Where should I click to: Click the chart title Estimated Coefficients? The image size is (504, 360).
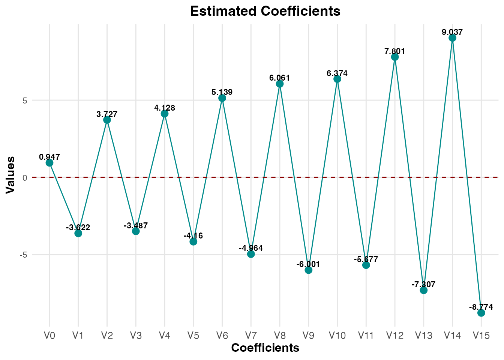click(265, 11)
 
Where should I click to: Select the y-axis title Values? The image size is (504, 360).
click(11, 175)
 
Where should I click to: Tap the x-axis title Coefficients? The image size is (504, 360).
click(265, 348)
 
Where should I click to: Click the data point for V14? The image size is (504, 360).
click(452, 38)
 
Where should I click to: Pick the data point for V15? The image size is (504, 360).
click(481, 313)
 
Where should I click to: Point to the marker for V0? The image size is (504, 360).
click(49, 163)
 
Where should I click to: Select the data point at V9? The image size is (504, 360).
click(309, 270)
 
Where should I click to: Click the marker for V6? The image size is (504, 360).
click(222, 98)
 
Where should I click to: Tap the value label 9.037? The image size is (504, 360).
click(452, 32)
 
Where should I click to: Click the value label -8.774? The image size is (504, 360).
click(481, 307)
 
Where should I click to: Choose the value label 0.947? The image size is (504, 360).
click(49, 157)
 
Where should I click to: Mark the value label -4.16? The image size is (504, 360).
click(193, 235)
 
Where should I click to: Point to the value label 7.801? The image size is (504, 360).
click(395, 51)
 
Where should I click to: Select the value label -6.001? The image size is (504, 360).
click(308, 264)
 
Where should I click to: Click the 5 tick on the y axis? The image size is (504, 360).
click(25, 100)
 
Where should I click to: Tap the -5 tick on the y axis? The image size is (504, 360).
click(24, 255)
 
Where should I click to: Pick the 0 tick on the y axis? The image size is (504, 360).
click(25, 178)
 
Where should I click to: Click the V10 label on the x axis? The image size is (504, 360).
click(337, 336)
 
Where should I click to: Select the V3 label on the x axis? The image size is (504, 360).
click(136, 336)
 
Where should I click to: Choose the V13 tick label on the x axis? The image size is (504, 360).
click(423, 336)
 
